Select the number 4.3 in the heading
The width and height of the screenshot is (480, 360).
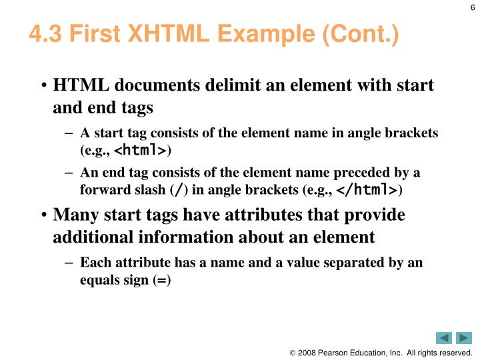[x=44, y=34]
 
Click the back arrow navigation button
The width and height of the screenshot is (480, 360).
[x=444, y=338]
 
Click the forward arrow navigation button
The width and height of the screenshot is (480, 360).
[x=464, y=338]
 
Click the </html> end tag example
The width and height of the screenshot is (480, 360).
[x=367, y=190]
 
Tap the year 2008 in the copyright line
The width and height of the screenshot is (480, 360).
[x=307, y=353]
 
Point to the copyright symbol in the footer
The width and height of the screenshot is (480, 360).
[x=292, y=353]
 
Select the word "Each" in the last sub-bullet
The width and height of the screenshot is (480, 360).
[x=93, y=263]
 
